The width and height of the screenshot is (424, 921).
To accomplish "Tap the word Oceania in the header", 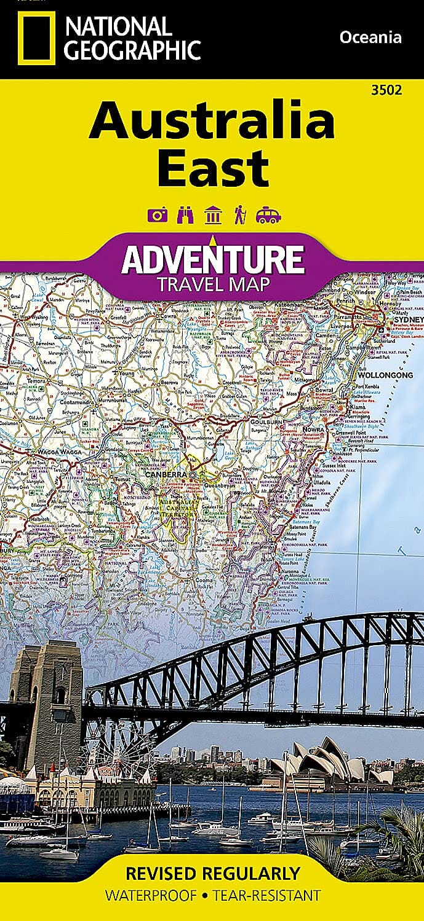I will click(370, 37).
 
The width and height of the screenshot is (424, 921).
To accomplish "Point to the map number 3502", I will click(387, 90).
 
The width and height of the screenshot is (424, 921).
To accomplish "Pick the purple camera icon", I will click(158, 215).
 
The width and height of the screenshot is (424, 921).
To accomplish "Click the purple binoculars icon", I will click(185, 215).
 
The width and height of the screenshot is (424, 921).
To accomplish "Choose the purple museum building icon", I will click(213, 215).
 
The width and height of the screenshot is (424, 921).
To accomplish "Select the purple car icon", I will click(268, 215).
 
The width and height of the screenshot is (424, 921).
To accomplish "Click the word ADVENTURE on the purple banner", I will click(212, 260).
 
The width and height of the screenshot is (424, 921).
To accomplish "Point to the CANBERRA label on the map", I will click(166, 474).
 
